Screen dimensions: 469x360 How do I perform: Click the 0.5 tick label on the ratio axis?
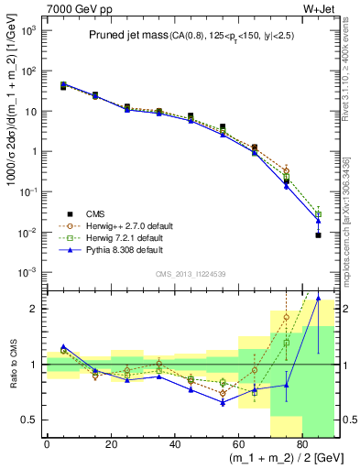(x=30, y=419)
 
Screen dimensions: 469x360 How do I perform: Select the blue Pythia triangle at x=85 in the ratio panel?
(x=318, y=297)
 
